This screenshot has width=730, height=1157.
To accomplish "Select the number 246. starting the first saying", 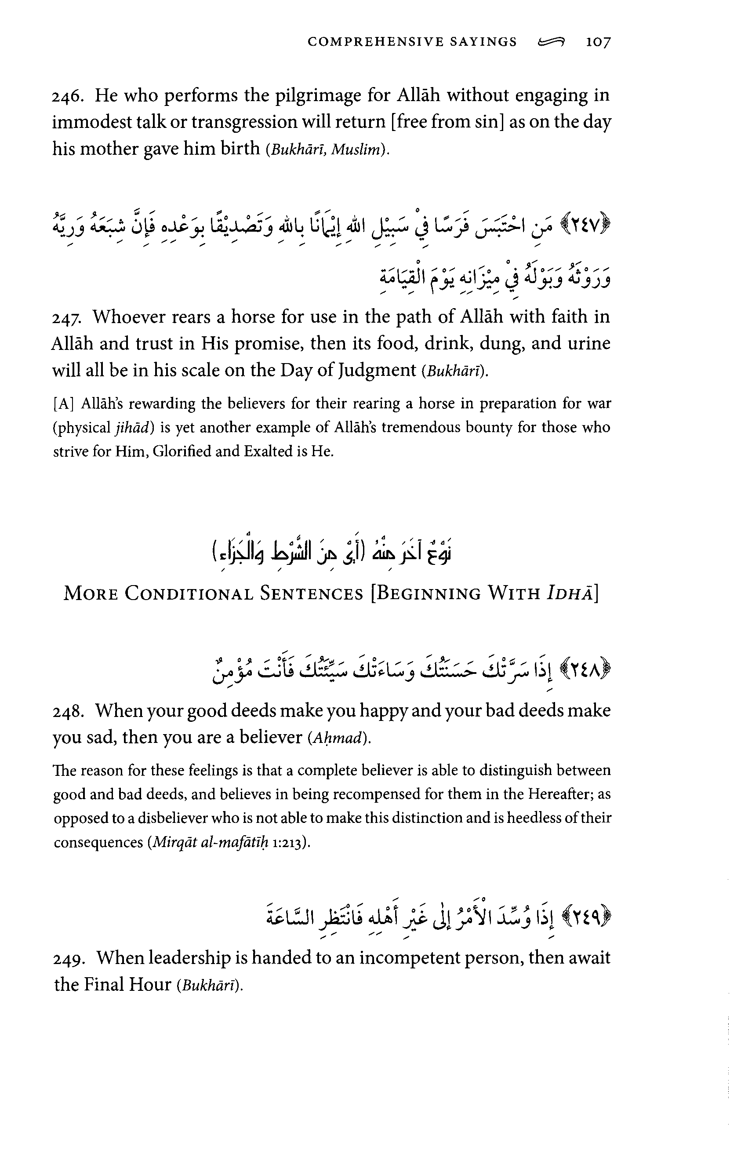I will pos(68,96).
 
